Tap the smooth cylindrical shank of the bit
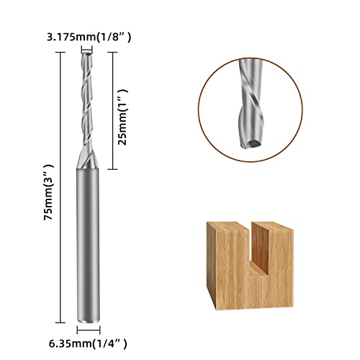88,245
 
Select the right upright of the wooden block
276,252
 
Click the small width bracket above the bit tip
87,50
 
